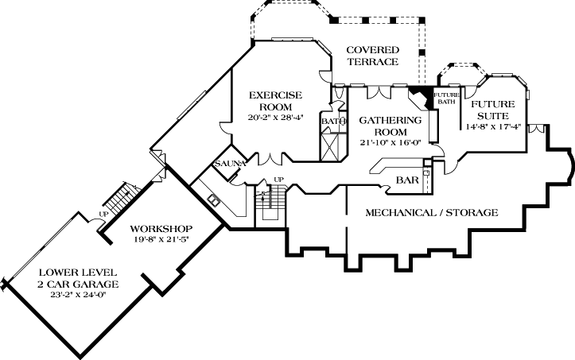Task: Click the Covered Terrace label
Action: pos(372,56)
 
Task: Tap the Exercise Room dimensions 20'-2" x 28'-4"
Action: pos(275,118)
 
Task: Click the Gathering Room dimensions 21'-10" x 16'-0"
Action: pos(388,143)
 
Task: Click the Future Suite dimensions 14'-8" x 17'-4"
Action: pos(493,125)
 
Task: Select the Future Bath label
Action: pos(447,98)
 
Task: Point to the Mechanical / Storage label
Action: pos(432,213)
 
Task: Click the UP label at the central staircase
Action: pos(278,179)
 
